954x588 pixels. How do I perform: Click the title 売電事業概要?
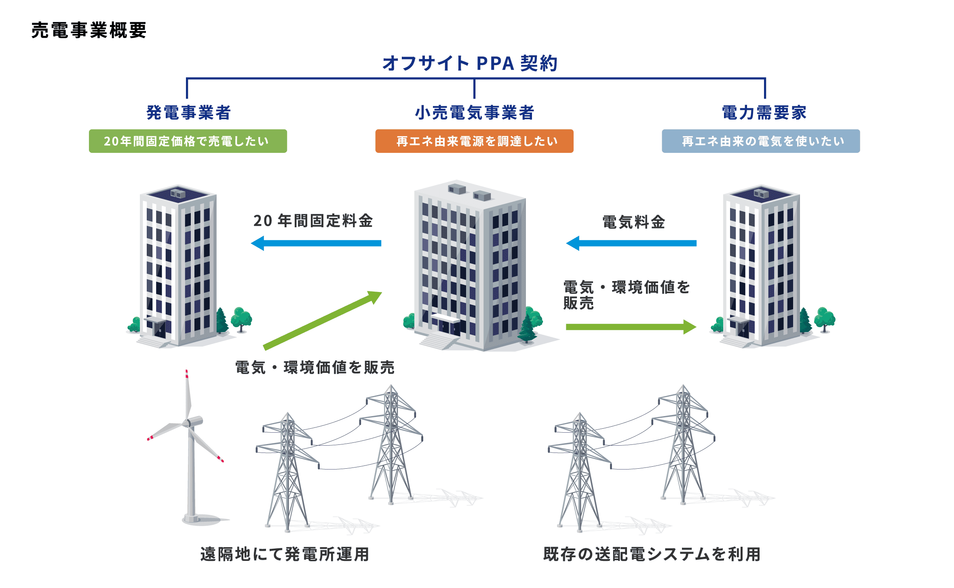(x=89, y=30)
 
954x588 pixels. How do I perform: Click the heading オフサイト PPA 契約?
(x=470, y=63)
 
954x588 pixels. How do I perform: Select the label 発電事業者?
(x=188, y=112)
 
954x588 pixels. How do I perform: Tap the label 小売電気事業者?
(x=474, y=112)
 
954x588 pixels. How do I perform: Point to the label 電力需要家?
(x=764, y=112)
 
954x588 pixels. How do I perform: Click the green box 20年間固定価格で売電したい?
(x=188, y=141)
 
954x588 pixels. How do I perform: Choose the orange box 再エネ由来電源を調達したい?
(x=474, y=141)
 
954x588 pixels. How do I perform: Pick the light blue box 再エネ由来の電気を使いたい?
(x=760, y=141)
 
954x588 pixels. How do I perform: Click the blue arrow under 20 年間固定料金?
(x=316, y=243)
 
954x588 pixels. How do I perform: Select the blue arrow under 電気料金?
(x=631, y=243)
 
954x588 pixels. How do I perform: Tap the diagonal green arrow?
(x=323, y=320)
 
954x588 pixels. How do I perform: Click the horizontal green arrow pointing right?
(x=631, y=327)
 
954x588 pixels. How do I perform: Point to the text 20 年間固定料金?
(x=313, y=221)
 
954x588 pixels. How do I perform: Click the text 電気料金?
(x=633, y=222)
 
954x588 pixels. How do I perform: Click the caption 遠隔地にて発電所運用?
(x=285, y=554)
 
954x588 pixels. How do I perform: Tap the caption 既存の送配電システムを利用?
(x=652, y=554)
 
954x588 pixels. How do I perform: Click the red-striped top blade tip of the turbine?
(x=187, y=374)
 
